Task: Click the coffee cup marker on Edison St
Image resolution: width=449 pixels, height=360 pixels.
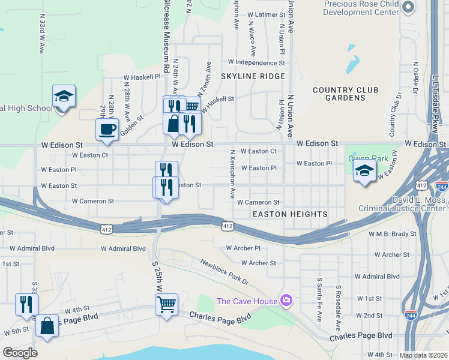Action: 107,130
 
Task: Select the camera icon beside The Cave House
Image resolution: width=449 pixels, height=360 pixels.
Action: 287,301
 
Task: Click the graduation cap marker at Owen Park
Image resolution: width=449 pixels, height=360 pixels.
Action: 364,171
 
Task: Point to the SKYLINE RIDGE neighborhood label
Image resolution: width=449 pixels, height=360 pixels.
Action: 252,76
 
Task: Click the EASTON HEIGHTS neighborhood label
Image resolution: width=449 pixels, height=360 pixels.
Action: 290,214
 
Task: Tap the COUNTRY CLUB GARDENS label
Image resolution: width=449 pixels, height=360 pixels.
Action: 346,94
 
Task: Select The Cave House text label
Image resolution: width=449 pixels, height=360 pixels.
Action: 247,301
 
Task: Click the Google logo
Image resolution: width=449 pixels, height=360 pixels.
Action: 20,353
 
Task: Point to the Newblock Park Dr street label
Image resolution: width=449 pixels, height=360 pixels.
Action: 224,272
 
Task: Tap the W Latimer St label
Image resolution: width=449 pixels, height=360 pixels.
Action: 264,14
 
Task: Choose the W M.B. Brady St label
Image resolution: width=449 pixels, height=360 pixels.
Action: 393,233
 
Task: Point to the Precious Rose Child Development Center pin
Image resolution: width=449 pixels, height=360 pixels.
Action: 408,8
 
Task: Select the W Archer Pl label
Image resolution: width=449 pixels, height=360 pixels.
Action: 243,248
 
